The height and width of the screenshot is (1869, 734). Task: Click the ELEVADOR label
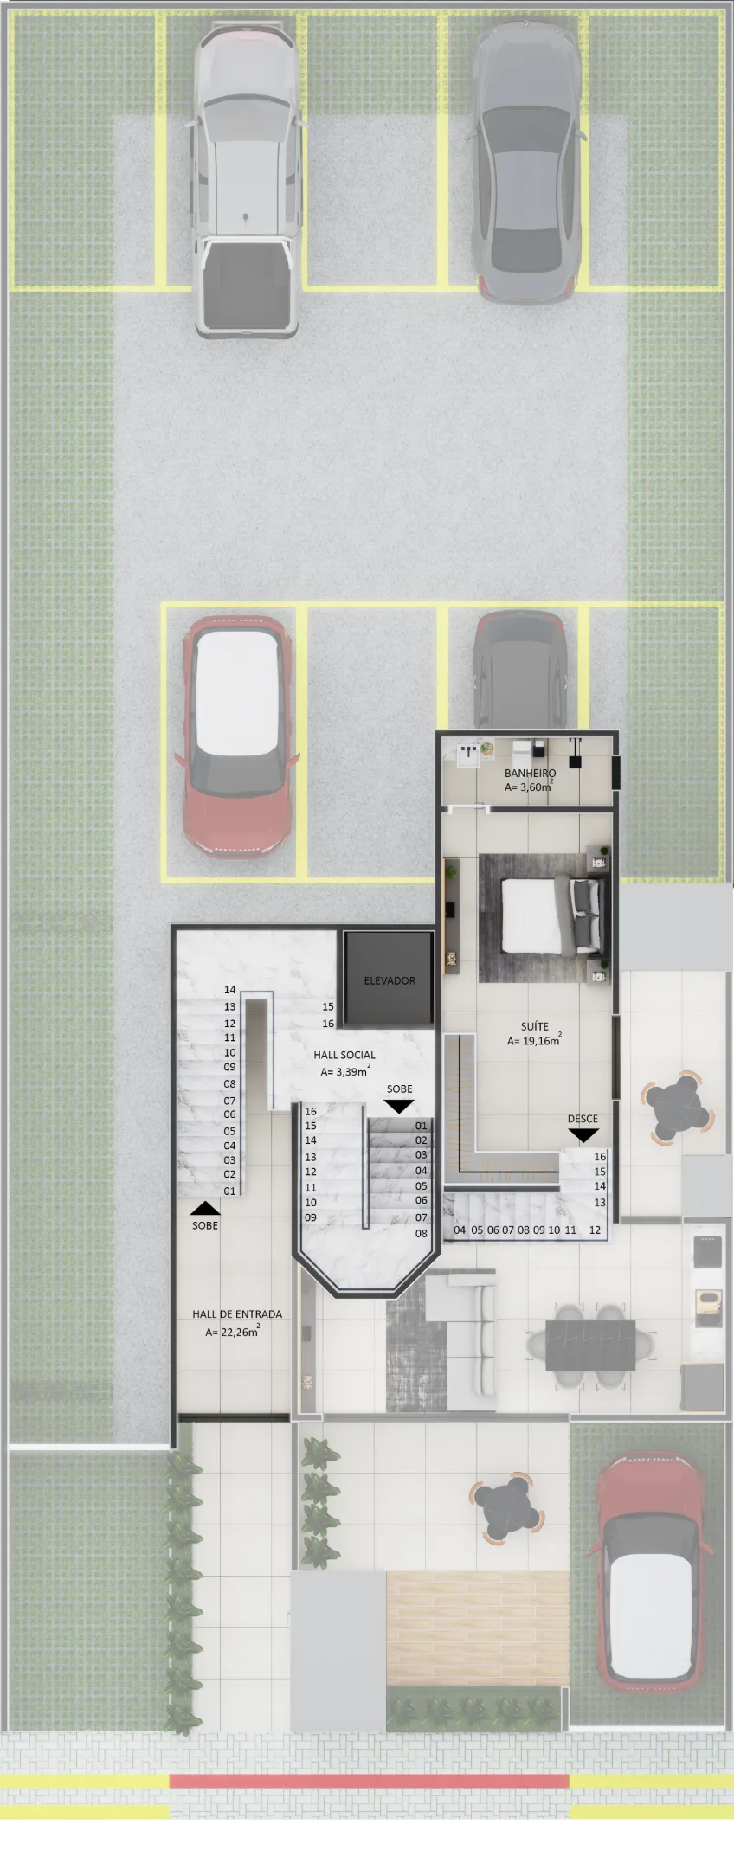(390, 980)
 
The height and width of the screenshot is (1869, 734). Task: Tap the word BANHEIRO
(530, 773)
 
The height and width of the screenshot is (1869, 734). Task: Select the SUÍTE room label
(534, 1026)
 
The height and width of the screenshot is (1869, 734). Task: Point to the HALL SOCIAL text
(344, 1055)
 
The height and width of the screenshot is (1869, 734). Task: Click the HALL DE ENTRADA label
(237, 1313)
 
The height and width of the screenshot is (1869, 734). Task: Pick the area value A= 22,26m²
(232, 1332)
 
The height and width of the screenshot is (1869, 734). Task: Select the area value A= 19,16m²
(534, 1040)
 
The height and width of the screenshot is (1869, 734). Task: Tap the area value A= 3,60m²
(528, 787)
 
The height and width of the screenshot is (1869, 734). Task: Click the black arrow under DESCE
(583, 1135)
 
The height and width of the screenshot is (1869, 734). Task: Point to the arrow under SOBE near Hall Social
(399, 1106)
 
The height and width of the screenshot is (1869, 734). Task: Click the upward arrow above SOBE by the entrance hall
(205, 1208)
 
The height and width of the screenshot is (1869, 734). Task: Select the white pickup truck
(245, 179)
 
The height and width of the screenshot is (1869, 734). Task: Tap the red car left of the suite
(237, 737)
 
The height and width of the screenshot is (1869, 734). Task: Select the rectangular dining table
(590, 1346)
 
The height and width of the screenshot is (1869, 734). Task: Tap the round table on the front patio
(508, 1510)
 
